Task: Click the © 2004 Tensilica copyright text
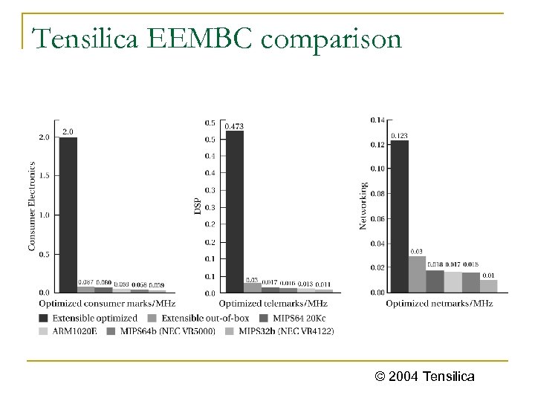pos(425,377)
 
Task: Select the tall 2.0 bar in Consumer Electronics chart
pos(68,215)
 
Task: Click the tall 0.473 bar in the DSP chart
pos(234,212)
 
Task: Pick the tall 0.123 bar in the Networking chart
pos(399,215)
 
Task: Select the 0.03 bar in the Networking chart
pos(417,274)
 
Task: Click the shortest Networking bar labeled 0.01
pos(488,286)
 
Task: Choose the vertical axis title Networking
pos(363,206)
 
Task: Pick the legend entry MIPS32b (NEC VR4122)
pos(282,330)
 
